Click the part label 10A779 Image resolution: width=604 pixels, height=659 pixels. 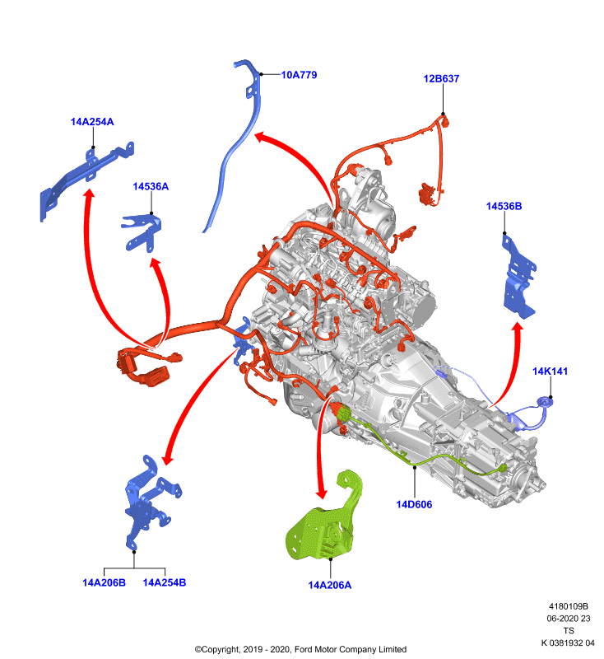pyautogui.click(x=299, y=75)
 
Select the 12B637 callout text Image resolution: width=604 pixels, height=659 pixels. pyautogui.click(x=441, y=78)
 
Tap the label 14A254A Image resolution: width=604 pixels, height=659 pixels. pyautogui.click(x=92, y=122)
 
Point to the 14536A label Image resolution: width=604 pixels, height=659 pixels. pyautogui.click(x=151, y=187)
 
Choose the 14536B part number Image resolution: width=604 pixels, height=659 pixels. pyautogui.click(x=504, y=207)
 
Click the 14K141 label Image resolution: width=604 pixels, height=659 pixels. pyautogui.click(x=550, y=372)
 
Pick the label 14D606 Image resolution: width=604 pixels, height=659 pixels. pyautogui.click(x=414, y=504)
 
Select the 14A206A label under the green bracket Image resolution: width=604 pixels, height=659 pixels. pyautogui.click(x=330, y=585)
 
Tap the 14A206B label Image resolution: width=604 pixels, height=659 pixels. pyautogui.click(x=104, y=582)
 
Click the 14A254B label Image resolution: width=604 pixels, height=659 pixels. pyautogui.click(x=165, y=582)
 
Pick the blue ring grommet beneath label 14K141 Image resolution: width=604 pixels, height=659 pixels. pyautogui.click(x=546, y=403)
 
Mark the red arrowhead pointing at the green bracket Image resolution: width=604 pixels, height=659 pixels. pyautogui.click(x=322, y=493)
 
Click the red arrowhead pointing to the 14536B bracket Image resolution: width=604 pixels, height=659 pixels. pyautogui.click(x=518, y=328)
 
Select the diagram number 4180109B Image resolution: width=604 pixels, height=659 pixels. pyautogui.click(x=569, y=606)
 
